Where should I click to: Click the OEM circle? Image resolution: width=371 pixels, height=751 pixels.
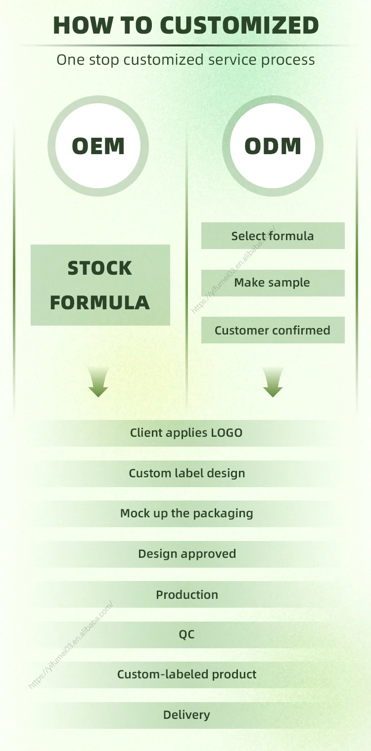[98, 146]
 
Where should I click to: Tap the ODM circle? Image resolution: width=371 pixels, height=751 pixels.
[273, 146]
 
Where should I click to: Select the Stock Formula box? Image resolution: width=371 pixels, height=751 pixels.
[100, 285]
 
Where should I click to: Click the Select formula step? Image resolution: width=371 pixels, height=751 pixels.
[273, 236]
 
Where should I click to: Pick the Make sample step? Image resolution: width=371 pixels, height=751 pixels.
[273, 283]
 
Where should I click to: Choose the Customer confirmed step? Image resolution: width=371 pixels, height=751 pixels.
[273, 330]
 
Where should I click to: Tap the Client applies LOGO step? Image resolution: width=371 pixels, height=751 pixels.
[186, 433]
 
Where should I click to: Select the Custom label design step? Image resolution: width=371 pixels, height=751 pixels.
[186, 473]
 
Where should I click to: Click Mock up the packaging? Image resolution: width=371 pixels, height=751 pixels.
[186, 513]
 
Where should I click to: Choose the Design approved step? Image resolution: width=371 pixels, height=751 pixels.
[186, 554]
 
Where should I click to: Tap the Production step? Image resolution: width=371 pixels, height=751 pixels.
[186, 594]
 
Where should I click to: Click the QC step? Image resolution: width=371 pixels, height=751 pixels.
[186, 634]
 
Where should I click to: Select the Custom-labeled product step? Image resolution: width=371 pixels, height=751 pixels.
[186, 674]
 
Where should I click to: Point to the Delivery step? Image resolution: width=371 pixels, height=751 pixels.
[186, 715]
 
